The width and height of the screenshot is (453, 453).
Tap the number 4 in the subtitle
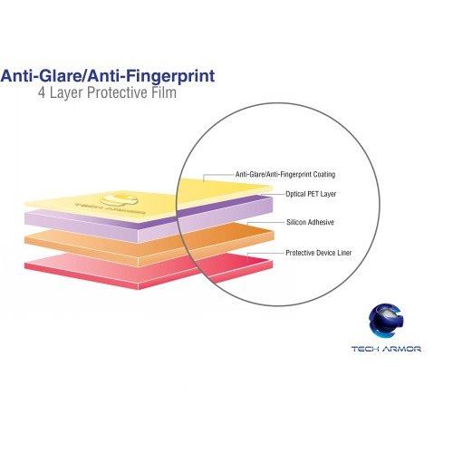pyautogui.click(x=42, y=92)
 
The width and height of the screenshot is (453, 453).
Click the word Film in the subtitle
pyautogui.click(x=164, y=92)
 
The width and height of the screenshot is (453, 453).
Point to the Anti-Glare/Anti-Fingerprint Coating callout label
pyautogui.click(x=285, y=175)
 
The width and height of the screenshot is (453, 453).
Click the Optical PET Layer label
pyautogui.click(x=311, y=194)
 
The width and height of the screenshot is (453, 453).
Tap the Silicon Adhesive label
pyautogui.click(x=310, y=222)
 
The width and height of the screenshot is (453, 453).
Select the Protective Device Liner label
pyautogui.click(x=319, y=253)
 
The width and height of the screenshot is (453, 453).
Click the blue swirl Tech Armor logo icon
pyautogui.click(x=386, y=321)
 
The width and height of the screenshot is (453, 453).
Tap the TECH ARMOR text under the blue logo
pyautogui.click(x=386, y=349)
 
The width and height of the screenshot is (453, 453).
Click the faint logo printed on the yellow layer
pyautogui.click(x=116, y=204)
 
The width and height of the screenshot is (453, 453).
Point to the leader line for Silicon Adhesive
pyautogui.click(x=265, y=223)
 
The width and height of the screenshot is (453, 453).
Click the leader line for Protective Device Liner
pyautogui.click(x=265, y=253)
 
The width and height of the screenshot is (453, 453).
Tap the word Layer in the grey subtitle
pyautogui.click(x=66, y=92)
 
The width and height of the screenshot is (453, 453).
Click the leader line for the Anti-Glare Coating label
pyautogui.click(x=218, y=175)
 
